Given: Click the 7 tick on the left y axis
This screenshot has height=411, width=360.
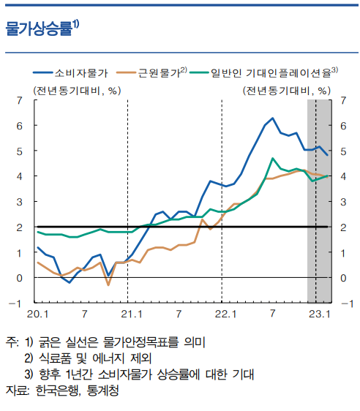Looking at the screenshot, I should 18,100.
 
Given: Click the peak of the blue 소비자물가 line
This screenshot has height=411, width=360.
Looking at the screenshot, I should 272,118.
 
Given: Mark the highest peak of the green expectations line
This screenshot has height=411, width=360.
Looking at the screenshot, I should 273,158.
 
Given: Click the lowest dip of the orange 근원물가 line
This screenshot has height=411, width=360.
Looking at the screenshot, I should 108,284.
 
